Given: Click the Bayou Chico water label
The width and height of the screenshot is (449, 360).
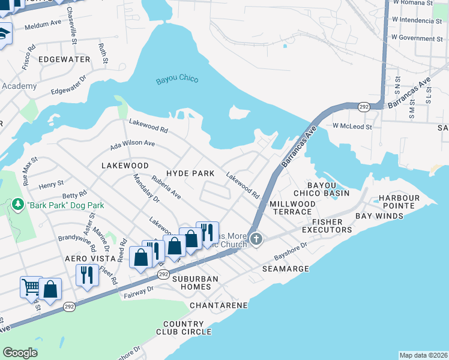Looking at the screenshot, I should click(x=176, y=80).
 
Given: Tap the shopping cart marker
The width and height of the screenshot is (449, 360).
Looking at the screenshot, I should click(x=30, y=286).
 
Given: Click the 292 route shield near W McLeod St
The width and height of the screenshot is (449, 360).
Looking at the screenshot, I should click(x=364, y=106).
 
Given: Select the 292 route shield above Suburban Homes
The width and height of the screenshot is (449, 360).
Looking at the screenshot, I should click(x=164, y=274).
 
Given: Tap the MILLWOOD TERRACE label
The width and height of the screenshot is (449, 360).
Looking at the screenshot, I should click(x=292, y=208).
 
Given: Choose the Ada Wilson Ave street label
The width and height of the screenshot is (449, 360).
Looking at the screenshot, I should click(x=132, y=145).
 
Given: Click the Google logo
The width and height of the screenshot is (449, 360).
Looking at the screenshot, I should click(x=20, y=353).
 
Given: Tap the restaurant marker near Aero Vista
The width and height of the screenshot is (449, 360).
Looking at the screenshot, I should click(x=87, y=275).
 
